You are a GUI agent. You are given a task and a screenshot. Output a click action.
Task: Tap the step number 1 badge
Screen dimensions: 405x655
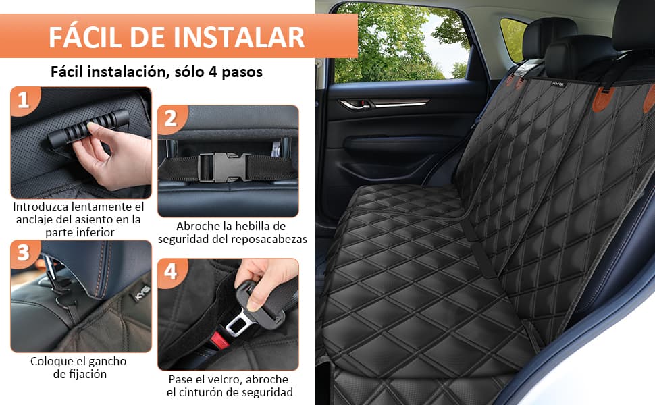click(24, 101)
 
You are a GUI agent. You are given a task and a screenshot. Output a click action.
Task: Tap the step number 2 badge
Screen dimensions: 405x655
click(171, 119)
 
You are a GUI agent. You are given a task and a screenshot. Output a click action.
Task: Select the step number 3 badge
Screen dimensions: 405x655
click(24, 253)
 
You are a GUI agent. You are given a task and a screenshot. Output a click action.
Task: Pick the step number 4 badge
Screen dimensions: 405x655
click(171, 271)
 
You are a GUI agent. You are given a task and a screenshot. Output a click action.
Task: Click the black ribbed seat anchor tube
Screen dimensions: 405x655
click(86, 127)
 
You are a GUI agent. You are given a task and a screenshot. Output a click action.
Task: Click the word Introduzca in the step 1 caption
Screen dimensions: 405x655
click(44, 206)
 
